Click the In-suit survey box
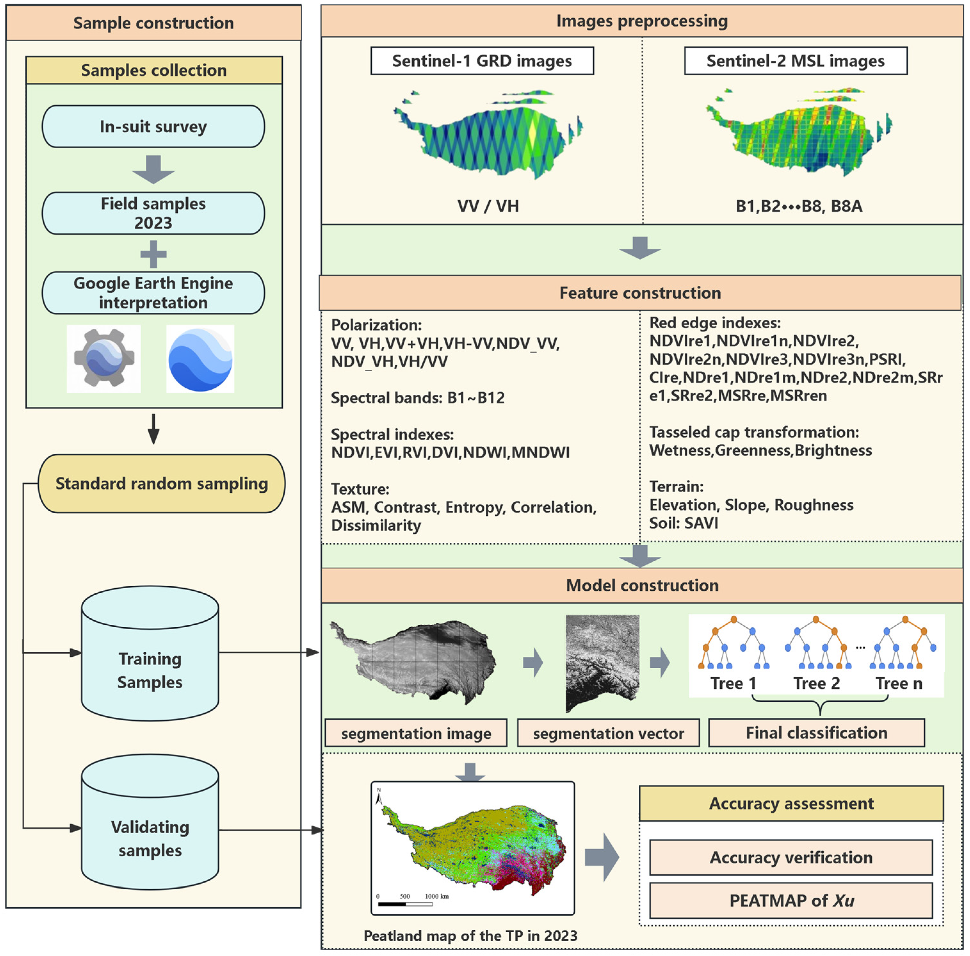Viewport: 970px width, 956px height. (x=153, y=127)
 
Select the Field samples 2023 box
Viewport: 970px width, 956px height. (x=153, y=213)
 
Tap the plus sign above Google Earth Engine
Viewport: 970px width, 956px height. (x=153, y=254)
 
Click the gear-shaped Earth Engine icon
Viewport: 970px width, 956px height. (x=104, y=358)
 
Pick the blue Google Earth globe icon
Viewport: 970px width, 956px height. (x=200, y=358)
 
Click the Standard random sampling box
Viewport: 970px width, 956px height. (x=162, y=483)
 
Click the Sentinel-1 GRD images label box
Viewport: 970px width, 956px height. (x=482, y=61)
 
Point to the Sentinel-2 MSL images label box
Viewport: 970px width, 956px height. (x=796, y=61)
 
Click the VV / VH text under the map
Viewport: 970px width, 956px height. (x=488, y=206)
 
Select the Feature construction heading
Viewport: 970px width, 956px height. (x=640, y=293)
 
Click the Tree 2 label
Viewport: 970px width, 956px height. (x=816, y=683)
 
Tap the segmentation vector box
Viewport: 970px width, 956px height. (x=608, y=733)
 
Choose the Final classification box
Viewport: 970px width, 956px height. (x=816, y=733)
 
